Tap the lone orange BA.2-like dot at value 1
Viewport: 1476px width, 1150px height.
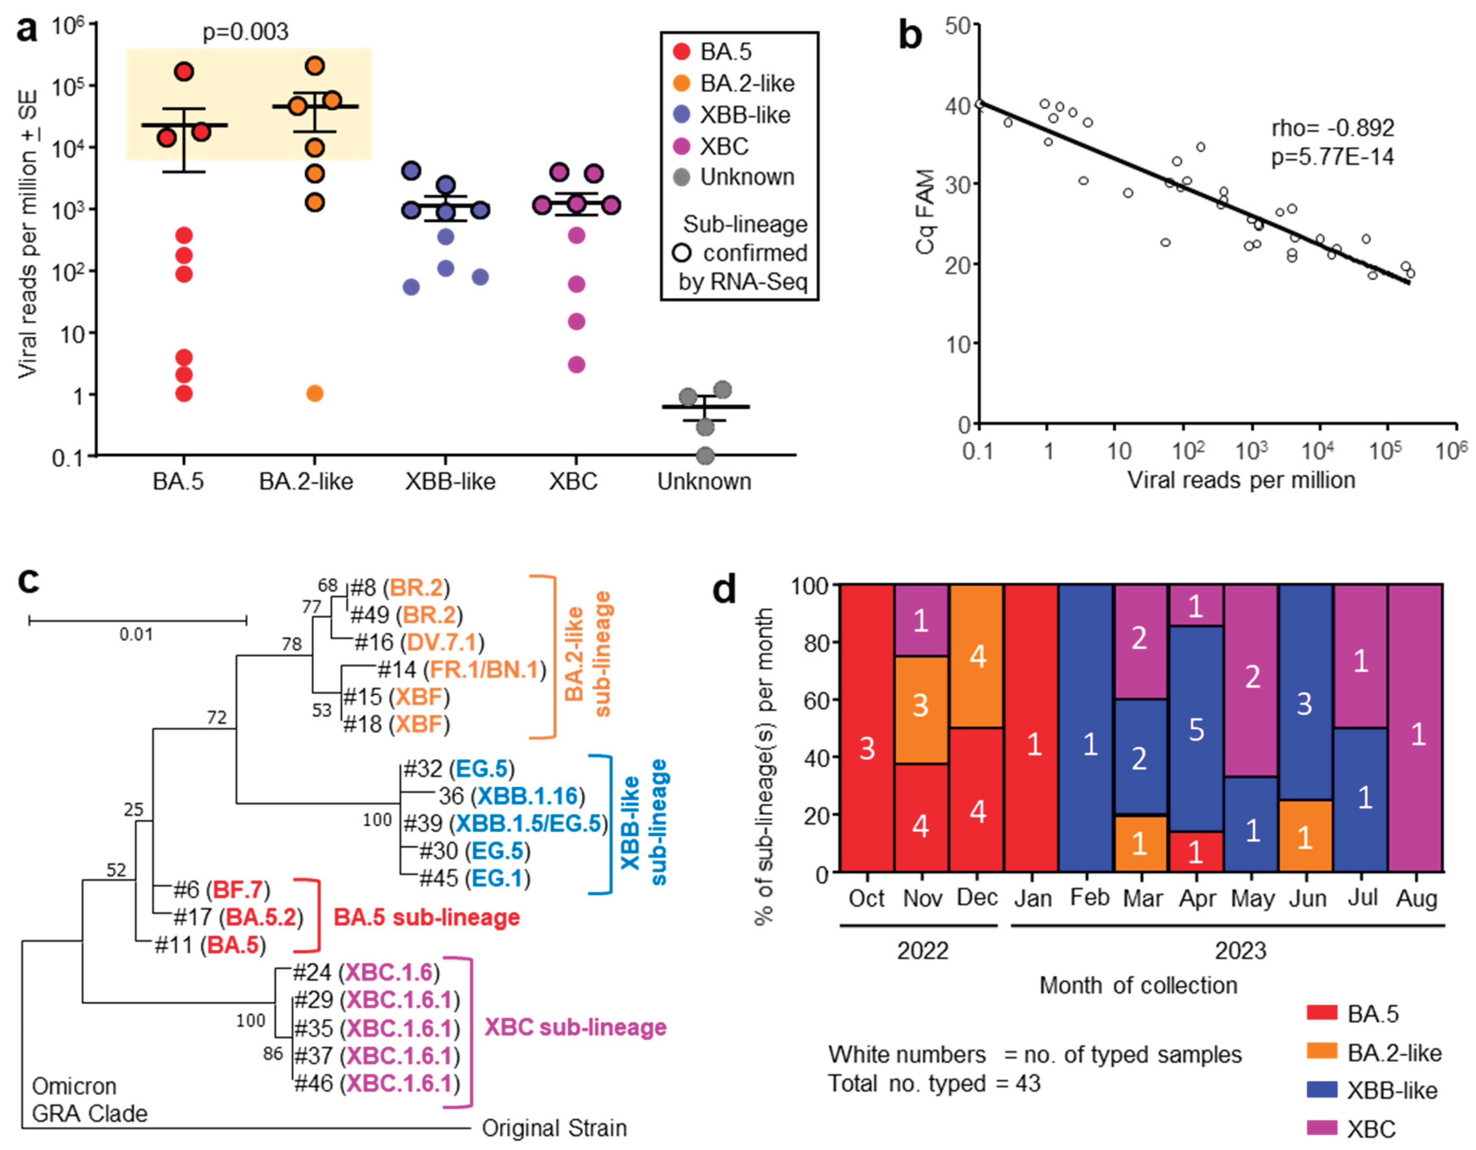(x=315, y=393)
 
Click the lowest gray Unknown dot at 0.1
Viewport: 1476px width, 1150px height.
(x=705, y=456)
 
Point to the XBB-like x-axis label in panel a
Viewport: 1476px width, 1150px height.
(x=450, y=482)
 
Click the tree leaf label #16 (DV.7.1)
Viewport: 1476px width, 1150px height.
(x=419, y=642)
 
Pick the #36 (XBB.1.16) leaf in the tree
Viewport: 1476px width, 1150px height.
(x=512, y=796)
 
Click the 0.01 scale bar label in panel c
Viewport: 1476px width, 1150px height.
(x=137, y=634)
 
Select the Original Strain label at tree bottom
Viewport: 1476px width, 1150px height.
(x=554, y=1128)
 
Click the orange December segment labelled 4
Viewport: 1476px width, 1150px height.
(x=977, y=656)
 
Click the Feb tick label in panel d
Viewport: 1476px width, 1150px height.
(x=1089, y=898)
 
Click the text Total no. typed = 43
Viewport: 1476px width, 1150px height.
(x=934, y=1084)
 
